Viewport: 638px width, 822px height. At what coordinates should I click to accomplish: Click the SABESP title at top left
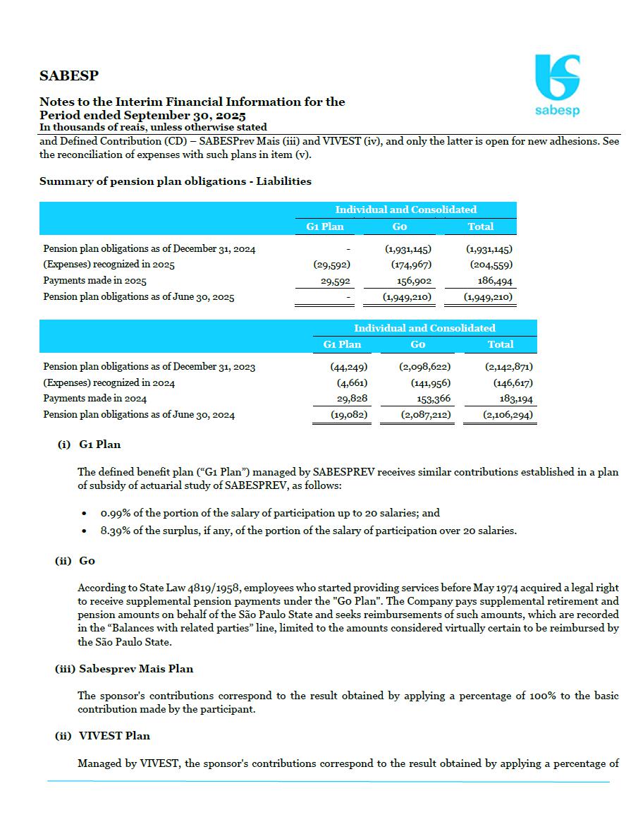tap(68, 75)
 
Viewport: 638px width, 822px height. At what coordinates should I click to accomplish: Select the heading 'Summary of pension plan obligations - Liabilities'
tap(175, 181)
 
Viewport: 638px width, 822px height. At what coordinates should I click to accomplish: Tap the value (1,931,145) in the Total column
tap(489, 249)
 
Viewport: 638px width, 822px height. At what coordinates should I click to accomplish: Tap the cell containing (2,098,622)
tap(426, 367)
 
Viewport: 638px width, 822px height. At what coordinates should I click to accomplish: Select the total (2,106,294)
tap(508, 415)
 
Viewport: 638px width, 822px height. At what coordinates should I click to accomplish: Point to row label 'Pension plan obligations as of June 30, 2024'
tap(139, 415)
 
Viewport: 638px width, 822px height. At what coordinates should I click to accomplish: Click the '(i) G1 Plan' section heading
tap(89, 445)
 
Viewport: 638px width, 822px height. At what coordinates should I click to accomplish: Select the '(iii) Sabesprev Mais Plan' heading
tap(124, 669)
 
